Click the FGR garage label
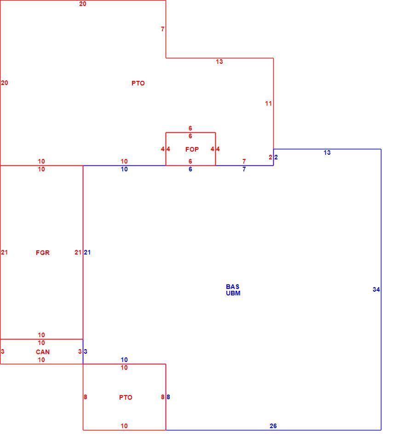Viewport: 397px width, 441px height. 43,253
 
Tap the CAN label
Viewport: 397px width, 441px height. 43,352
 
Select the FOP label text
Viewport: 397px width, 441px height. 192,149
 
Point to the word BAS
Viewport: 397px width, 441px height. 233,287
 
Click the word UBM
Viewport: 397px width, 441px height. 233,293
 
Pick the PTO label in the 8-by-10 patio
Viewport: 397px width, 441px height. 126,397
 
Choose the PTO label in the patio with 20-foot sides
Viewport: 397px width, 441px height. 138,83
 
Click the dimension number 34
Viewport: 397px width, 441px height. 376,289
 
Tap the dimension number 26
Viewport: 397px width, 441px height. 273,426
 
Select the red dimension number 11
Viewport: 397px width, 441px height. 268,103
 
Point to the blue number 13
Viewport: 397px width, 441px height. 327,153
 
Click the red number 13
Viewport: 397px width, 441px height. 219,62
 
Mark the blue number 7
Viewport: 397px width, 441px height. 244,169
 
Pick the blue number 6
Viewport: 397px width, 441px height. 190,169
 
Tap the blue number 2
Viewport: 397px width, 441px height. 276,157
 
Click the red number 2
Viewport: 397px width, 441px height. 270,157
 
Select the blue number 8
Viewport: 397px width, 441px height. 168,397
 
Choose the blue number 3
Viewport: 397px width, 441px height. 86,351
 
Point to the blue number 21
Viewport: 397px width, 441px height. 87,252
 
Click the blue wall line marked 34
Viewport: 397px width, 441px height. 381,289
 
